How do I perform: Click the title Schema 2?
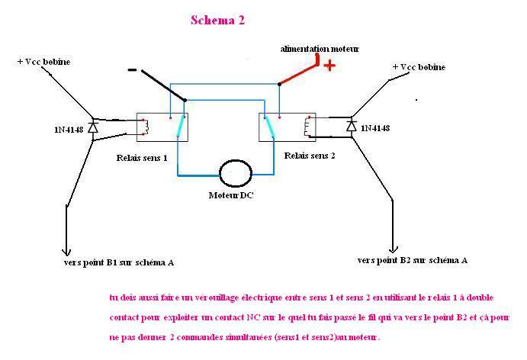217,21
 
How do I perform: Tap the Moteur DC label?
232,195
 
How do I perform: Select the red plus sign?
329,66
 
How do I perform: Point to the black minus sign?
133,72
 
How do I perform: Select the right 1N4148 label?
374,128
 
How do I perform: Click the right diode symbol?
352,124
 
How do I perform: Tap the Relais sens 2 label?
310,155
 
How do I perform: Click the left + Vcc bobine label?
43,61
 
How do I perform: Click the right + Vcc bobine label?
419,67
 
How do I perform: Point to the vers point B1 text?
119,262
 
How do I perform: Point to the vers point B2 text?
413,260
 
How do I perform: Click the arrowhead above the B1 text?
66,250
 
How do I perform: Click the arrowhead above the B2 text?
394,247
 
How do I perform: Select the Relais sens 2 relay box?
287,127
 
